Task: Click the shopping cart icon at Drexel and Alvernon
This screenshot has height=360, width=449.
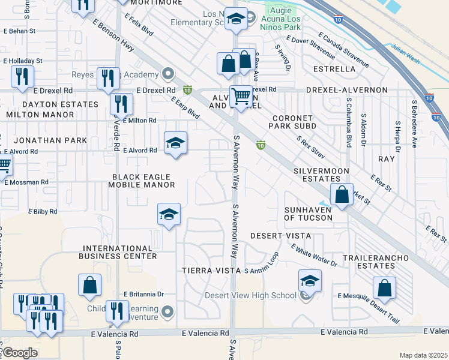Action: click(x=241, y=95)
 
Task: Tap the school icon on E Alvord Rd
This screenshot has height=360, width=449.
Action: click(x=175, y=143)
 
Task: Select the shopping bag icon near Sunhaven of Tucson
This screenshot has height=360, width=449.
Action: click(x=341, y=194)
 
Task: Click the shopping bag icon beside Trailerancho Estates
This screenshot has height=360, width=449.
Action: click(x=384, y=287)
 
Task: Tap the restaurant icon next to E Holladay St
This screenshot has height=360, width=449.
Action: click(x=22, y=76)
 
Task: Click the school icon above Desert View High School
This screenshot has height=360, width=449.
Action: click(x=310, y=280)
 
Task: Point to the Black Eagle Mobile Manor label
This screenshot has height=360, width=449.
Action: click(x=142, y=181)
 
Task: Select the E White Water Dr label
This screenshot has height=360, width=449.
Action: click(x=313, y=255)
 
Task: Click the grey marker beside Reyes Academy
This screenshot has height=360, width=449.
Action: click(x=169, y=75)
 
